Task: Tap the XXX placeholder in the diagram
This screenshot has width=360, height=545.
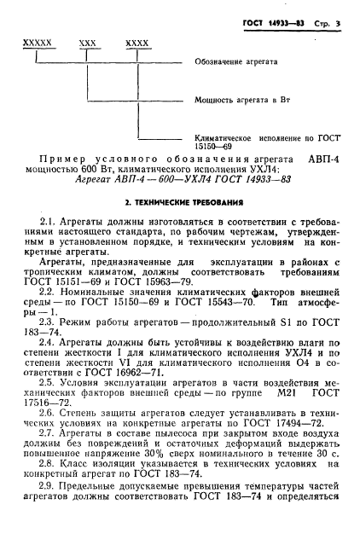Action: [x=87, y=42]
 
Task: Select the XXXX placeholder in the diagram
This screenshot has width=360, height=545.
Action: [x=136, y=42]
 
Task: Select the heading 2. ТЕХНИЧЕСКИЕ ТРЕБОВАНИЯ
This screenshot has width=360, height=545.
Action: [x=180, y=205]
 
